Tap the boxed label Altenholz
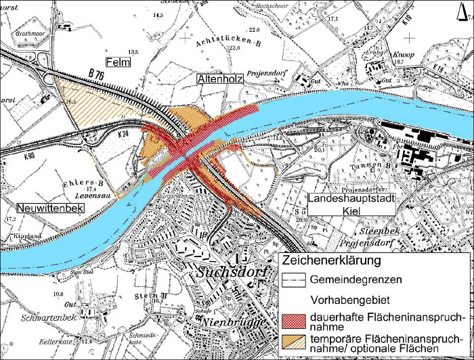click(218, 79)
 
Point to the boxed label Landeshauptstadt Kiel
click(351, 204)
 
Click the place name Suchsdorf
click(229, 273)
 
